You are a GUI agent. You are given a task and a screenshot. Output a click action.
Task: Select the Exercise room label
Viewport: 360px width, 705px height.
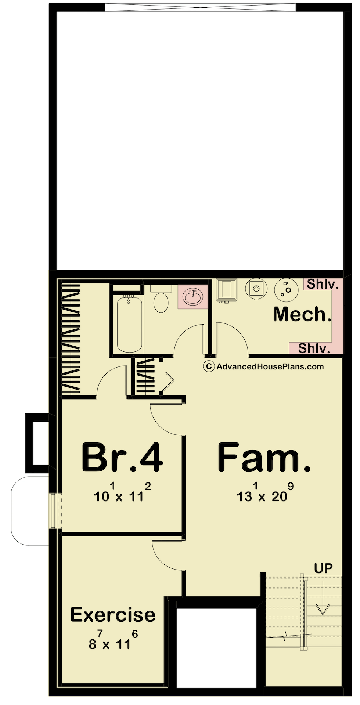tap(113, 615)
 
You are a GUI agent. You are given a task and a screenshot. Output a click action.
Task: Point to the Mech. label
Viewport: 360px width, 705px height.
tap(302, 314)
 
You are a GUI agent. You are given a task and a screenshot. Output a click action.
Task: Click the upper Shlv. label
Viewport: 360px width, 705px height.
tap(323, 284)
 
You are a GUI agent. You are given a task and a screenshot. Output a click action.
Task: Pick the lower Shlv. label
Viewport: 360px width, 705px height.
tap(314, 348)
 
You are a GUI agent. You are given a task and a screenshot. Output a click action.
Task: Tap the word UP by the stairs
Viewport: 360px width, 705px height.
tap(323, 568)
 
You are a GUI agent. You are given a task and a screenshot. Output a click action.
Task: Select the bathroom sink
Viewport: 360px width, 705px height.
tap(192, 297)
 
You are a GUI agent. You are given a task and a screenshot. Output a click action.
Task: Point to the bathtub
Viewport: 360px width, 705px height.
tap(129, 323)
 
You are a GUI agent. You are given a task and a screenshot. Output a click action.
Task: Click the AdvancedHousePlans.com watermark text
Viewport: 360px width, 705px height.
tap(270, 366)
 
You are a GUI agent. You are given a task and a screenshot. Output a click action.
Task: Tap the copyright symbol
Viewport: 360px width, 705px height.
tap(209, 366)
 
